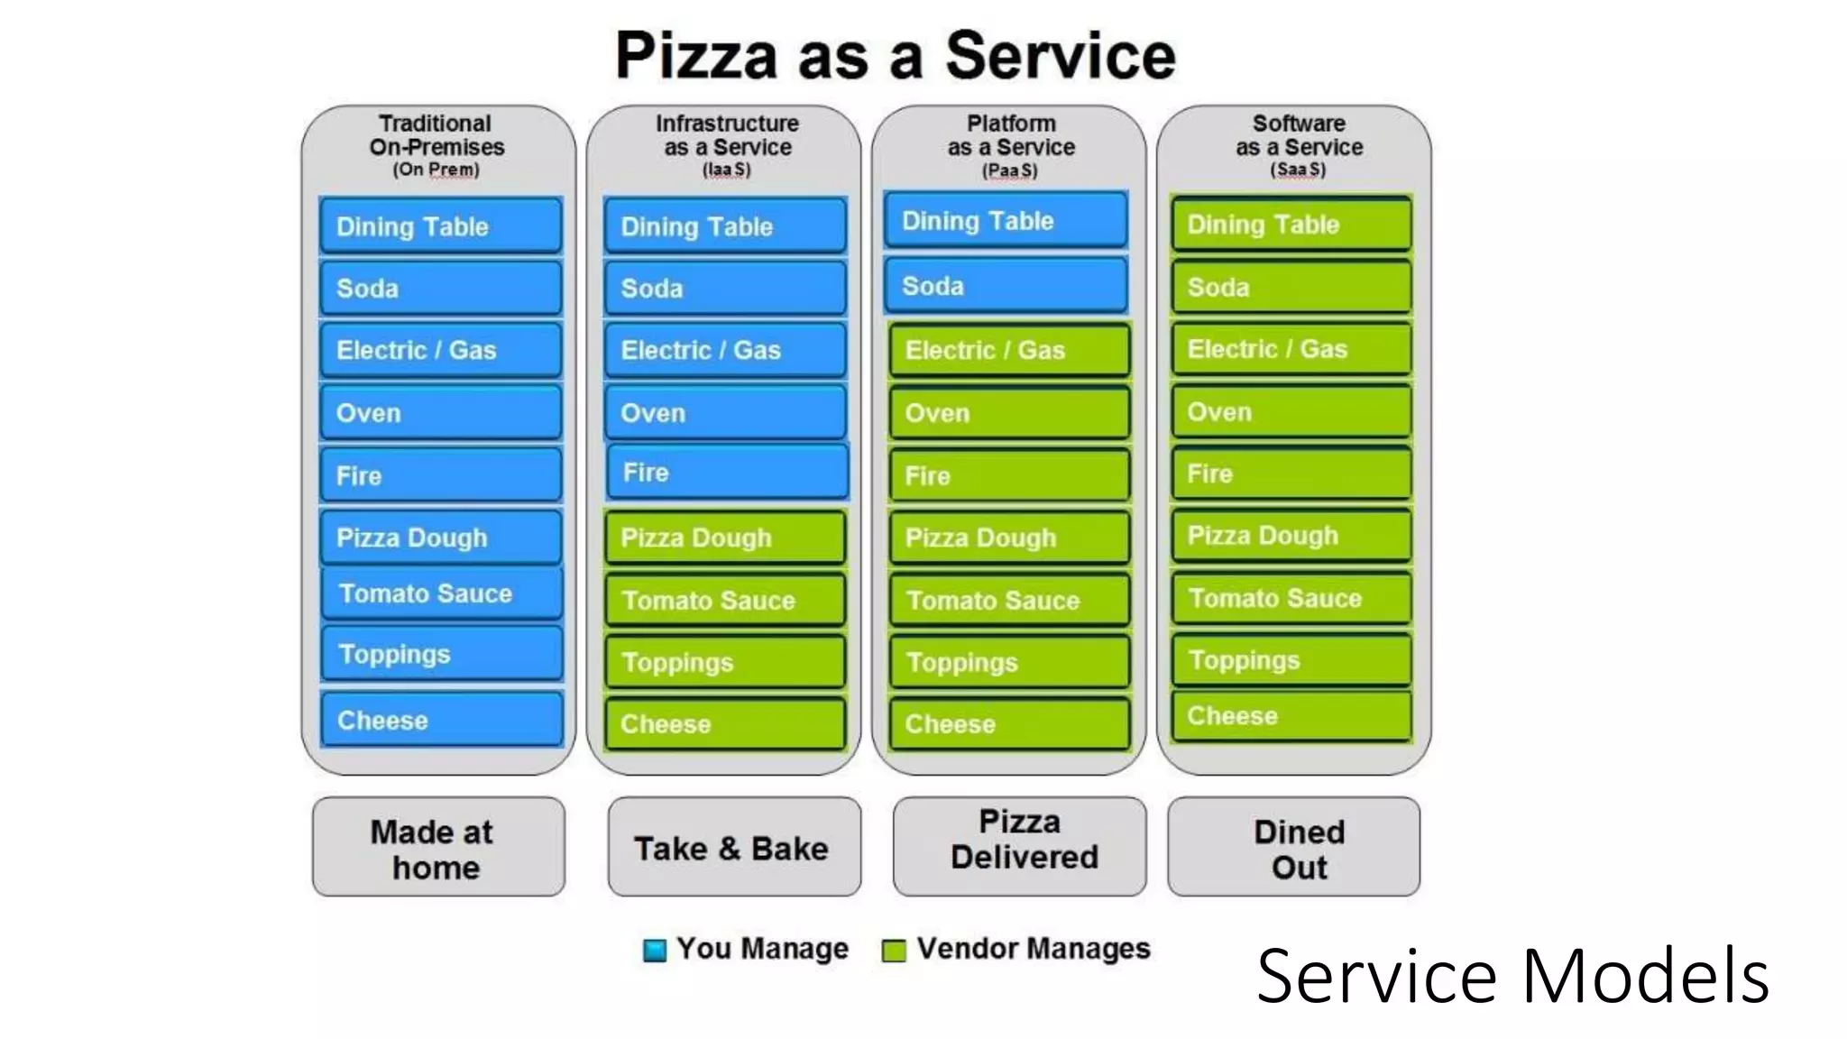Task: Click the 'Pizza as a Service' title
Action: point(895,56)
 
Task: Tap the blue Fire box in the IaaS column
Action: point(727,473)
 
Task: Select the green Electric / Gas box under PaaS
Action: point(1008,350)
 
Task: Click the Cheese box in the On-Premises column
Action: point(442,720)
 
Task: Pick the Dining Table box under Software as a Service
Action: point(1291,225)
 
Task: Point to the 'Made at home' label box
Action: point(438,847)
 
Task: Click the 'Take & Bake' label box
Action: point(733,847)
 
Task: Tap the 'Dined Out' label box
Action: point(1293,847)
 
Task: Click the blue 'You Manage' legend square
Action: point(655,950)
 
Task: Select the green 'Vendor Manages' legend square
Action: point(893,950)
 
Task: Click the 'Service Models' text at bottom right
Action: point(1512,976)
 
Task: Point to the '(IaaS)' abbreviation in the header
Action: point(727,170)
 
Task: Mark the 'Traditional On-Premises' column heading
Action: point(436,135)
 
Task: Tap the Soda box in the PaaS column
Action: point(1006,286)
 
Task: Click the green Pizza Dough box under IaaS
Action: point(725,538)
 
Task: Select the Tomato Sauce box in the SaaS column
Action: point(1291,598)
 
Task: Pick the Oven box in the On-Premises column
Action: point(441,413)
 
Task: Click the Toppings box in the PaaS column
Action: point(1008,662)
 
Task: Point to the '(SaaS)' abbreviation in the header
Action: point(1298,170)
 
